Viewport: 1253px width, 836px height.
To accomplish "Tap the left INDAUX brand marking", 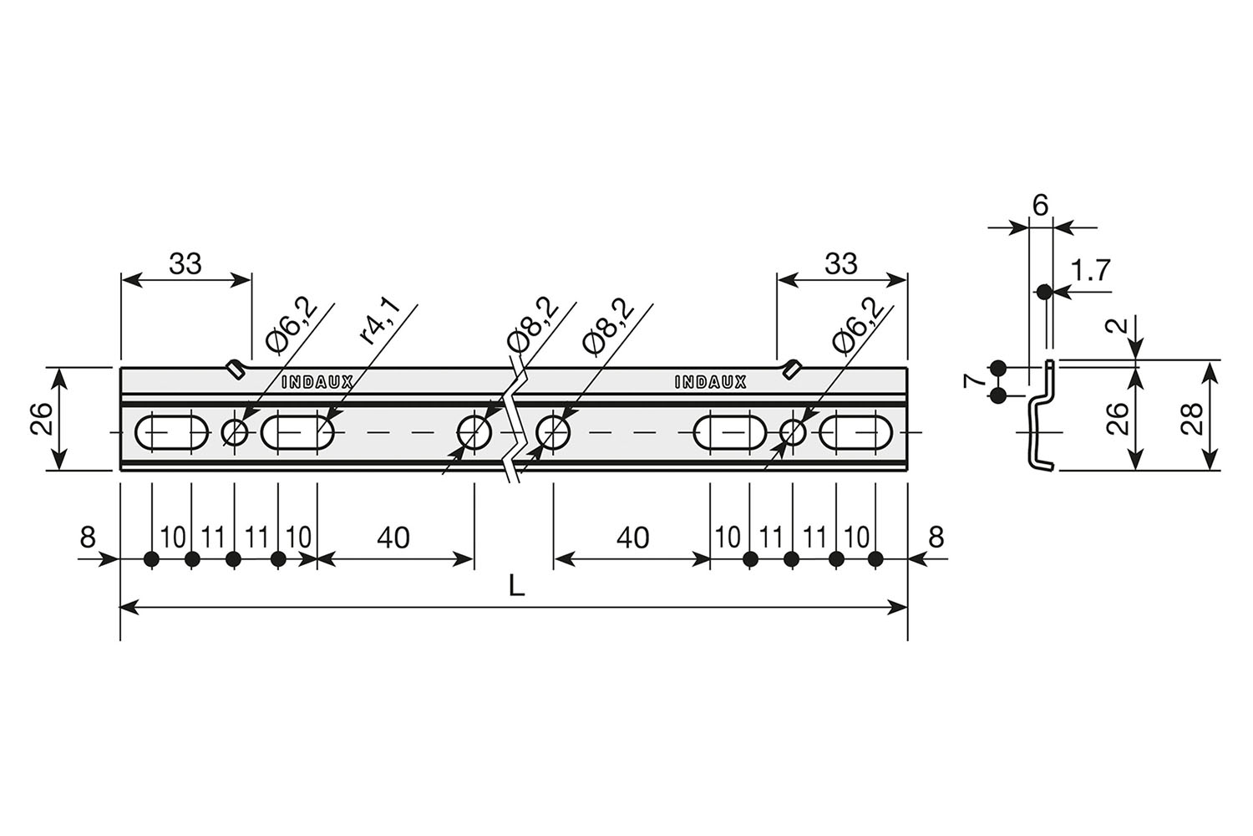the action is [317, 382].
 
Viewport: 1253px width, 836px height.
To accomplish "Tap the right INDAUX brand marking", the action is [710, 382].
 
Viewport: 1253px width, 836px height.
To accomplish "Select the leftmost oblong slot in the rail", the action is [172, 432].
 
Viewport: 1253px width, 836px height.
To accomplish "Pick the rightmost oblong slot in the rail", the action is [856, 432].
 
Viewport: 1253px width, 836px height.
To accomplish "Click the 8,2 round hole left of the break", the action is [474, 432].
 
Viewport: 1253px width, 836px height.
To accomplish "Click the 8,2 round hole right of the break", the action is [553, 432].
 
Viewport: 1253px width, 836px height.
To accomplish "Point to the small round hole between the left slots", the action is [235, 432].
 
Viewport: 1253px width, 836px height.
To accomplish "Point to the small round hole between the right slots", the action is [793, 432].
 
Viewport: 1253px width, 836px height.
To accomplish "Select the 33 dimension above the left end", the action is [185, 263].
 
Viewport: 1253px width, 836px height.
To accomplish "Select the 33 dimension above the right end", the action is [840, 263].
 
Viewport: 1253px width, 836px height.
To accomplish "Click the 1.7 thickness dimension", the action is [1090, 271].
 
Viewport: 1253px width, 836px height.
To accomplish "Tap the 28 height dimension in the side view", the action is [1193, 419].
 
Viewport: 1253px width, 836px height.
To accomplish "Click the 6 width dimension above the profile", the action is [1040, 206].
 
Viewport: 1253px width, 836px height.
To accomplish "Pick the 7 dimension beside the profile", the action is [973, 382].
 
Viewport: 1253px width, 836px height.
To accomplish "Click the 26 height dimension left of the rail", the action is [42, 419].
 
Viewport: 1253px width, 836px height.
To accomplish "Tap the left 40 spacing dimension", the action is [393, 538].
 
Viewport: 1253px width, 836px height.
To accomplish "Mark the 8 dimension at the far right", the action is [936, 537].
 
